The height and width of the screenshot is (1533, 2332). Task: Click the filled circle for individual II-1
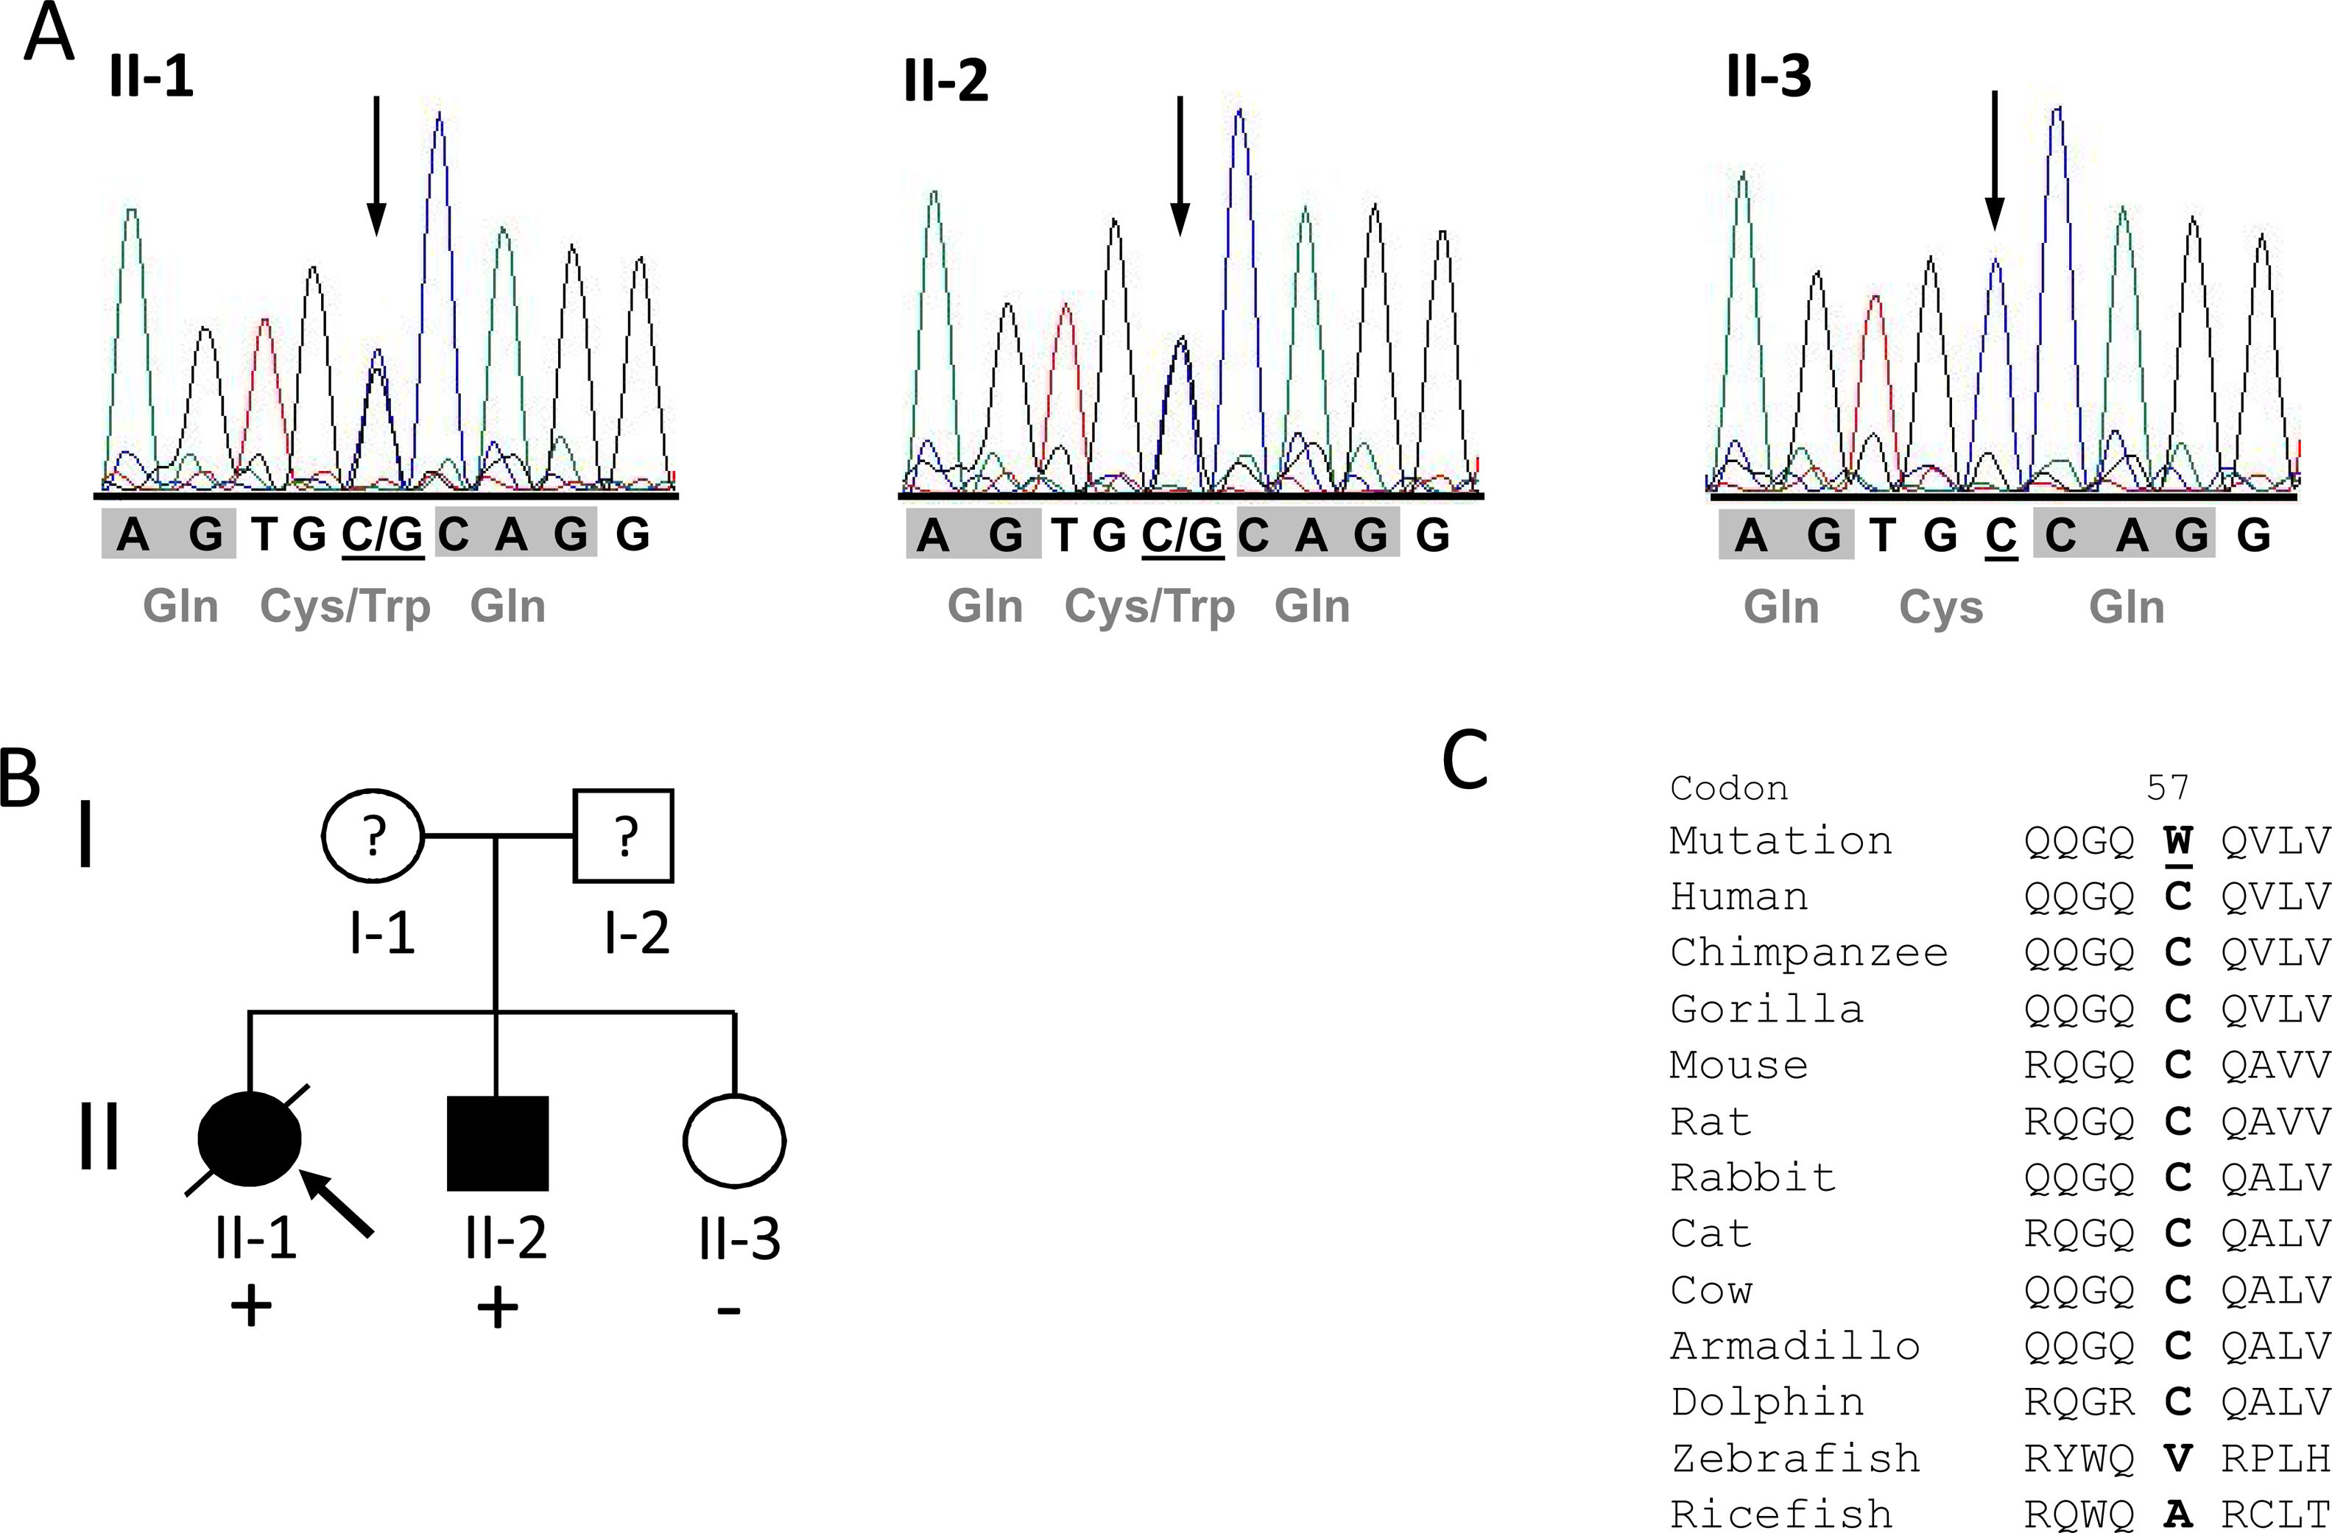coord(250,1140)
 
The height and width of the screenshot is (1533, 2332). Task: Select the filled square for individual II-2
coord(498,1142)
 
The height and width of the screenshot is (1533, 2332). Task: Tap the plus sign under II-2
coord(498,1308)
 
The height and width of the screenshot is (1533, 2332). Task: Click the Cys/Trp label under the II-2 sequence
coord(1149,606)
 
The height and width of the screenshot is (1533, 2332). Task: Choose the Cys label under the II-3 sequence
coord(1941,607)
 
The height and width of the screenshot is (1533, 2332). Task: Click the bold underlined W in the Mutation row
coord(2177,841)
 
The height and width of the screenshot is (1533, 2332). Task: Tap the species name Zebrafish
coord(1795,1459)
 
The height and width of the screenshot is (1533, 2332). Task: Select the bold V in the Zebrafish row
coord(2177,1459)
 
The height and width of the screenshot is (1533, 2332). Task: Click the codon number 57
coord(2166,787)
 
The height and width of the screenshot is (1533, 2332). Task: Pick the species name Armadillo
coord(1795,1347)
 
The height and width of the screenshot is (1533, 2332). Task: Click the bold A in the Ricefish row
coord(2177,1513)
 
